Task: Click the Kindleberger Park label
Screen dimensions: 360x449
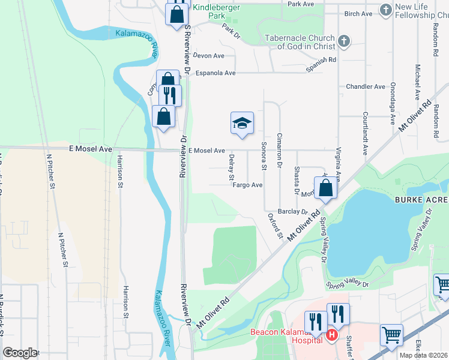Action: (208, 12)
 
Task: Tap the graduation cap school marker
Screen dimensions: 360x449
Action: (243, 122)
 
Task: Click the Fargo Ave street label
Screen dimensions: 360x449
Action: (248, 185)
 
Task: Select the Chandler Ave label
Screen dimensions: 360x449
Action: (366, 87)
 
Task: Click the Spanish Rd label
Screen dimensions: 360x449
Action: (321, 64)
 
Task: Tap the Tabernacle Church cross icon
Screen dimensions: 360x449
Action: (343, 41)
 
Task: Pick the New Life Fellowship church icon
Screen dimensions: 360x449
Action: (385, 10)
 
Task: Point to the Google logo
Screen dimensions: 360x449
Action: (20, 353)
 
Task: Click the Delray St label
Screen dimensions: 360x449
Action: (231, 167)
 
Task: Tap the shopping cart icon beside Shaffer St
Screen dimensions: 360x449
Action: (391, 335)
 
